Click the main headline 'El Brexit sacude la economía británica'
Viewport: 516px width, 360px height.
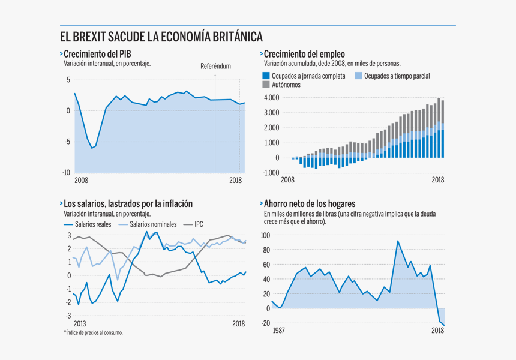161,37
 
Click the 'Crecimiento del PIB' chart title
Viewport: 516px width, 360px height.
97,54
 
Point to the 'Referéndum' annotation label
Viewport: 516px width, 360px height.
215,67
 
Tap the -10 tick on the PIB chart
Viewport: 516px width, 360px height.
67,173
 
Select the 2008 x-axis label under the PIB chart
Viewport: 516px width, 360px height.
81,180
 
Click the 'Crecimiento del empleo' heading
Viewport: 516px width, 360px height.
304,54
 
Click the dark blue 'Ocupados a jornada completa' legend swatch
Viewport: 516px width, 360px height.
266,76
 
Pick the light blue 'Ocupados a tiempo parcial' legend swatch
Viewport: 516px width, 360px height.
359,76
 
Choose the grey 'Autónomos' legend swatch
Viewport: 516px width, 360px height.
266,85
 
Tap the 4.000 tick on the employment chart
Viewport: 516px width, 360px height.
271,97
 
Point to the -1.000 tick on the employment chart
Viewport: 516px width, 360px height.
271,173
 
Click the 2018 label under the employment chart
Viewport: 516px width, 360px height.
438,180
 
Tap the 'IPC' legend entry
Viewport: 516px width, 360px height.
199,224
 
